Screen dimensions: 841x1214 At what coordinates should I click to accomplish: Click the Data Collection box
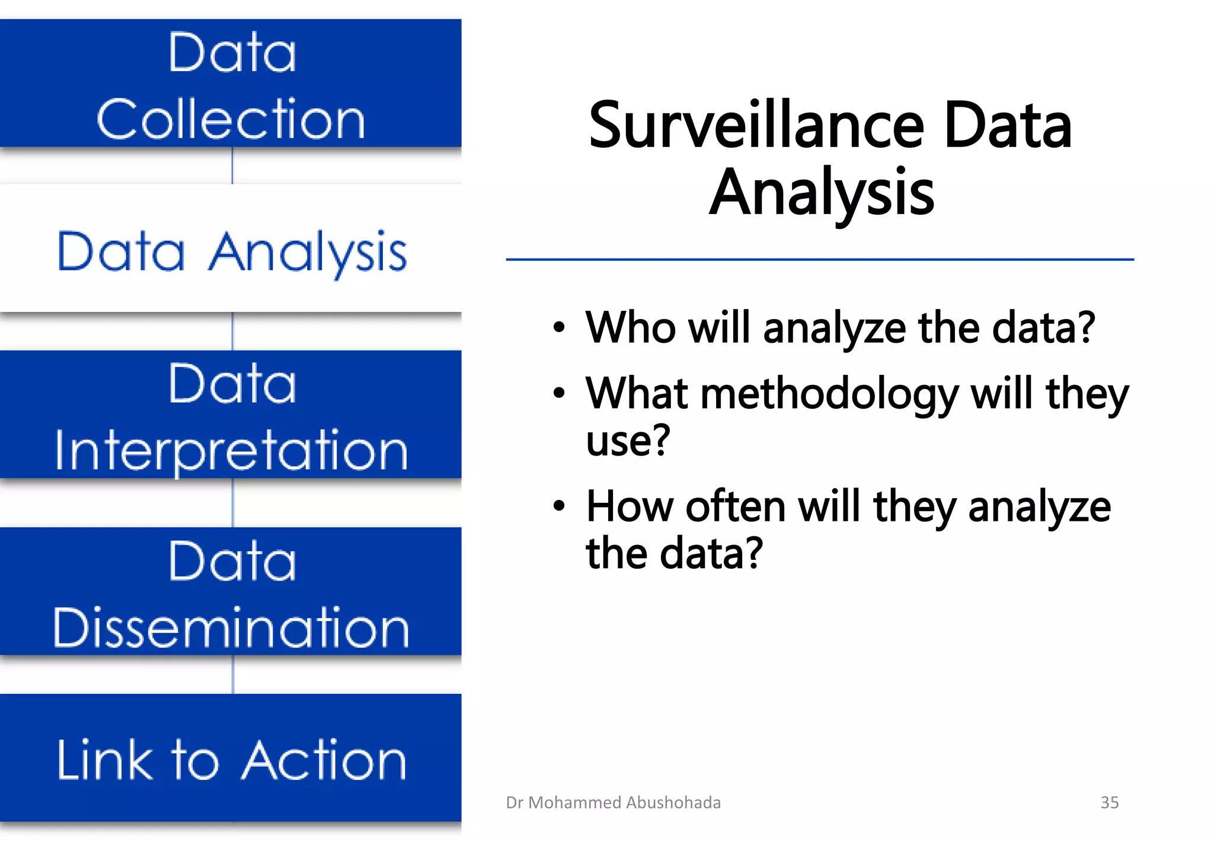[231, 83]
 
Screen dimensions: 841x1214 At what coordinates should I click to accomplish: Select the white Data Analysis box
[231, 249]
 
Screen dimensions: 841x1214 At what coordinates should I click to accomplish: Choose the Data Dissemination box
[231, 591]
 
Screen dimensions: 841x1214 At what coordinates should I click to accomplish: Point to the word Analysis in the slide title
[822, 193]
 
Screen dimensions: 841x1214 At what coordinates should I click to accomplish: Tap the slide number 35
[1109, 802]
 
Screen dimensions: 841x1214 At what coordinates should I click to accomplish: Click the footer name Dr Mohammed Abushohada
[613, 802]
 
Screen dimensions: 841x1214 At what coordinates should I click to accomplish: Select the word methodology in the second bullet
[830, 394]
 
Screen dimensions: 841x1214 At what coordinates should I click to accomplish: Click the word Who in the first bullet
[630, 327]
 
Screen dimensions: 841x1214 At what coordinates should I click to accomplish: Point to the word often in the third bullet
[735, 507]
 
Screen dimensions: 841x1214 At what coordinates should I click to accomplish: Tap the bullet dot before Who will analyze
[559, 327]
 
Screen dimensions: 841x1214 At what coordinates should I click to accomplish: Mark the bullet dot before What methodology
[559, 393]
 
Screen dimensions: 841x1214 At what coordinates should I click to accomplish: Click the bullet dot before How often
[559, 506]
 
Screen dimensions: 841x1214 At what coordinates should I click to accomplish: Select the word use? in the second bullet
[628, 441]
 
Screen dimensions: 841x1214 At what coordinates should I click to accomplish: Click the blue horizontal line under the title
[819, 259]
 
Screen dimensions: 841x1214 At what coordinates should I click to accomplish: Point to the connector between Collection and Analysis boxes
[232, 165]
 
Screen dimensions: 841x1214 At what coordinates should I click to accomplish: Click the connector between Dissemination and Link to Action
[233, 674]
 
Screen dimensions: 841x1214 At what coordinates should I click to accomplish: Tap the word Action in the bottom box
[324, 760]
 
